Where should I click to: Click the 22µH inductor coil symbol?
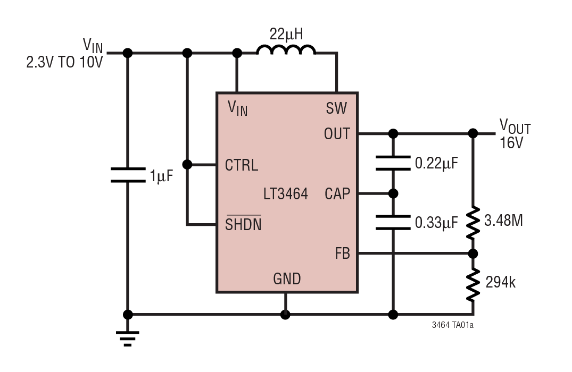point(286,50)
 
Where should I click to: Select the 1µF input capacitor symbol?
point(128,175)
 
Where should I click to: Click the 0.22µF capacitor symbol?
point(393,163)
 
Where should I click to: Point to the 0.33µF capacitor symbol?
point(393,223)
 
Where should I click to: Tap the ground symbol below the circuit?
point(128,338)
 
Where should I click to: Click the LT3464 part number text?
point(285,194)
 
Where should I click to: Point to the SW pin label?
point(336,109)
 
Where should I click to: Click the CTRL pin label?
point(242,165)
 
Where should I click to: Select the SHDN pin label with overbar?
point(243,224)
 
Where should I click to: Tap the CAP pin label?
point(337,194)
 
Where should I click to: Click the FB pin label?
point(342,253)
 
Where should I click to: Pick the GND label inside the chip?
point(287,278)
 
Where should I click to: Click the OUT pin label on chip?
point(337,134)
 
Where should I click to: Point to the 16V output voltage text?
point(511,143)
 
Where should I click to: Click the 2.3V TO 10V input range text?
point(64,62)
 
